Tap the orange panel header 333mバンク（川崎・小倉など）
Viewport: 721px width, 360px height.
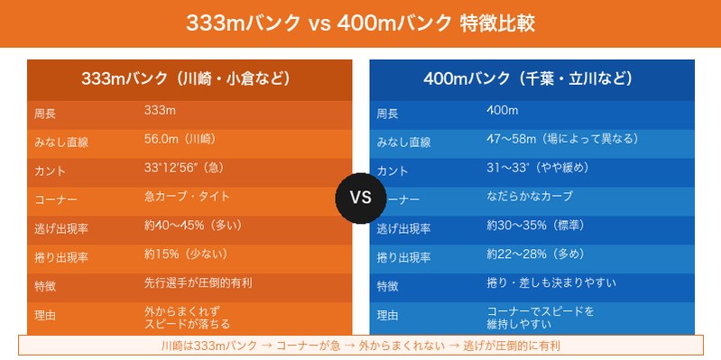point(190,78)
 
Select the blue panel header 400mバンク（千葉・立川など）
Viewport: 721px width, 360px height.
point(532,78)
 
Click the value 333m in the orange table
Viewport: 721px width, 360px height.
point(160,111)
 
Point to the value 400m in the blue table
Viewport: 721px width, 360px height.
point(502,111)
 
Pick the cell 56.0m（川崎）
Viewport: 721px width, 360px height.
point(180,139)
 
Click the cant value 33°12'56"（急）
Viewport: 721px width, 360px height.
point(184,168)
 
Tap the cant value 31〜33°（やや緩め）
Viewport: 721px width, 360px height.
point(538,168)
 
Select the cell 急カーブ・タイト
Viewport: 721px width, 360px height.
point(188,196)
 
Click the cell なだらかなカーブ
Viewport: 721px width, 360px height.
point(530,196)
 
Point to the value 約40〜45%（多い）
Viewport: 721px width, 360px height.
point(192,225)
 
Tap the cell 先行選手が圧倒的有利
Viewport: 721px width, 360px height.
point(198,282)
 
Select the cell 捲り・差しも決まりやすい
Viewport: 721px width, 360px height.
point(551,282)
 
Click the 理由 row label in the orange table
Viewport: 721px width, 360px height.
point(45,317)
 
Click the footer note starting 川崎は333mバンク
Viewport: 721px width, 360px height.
point(361,346)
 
